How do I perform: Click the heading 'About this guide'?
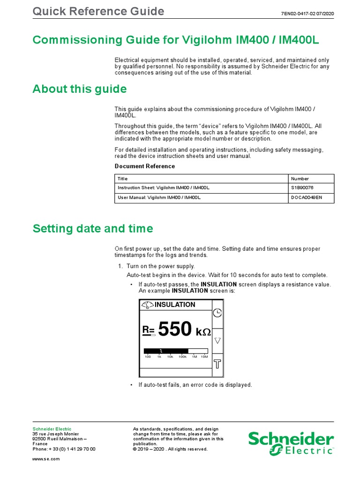click(x=79, y=89)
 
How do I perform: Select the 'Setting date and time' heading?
click(x=92, y=229)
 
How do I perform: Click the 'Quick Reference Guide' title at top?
click(x=98, y=12)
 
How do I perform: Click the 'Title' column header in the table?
click(x=122, y=179)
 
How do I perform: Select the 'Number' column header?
click(x=300, y=179)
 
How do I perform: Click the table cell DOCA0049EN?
click(x=307, y=198)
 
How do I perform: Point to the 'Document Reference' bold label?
click(x=145, y=166)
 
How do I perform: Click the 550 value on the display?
click(x=175, y=330)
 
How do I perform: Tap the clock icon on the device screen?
click(x=217, y=313)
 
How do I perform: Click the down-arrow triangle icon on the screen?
click(x=217, y=340)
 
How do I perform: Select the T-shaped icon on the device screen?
click(x=217, y=364)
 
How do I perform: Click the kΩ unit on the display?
click(x=203, y=332)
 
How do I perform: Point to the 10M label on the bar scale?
click(x=204, y=357)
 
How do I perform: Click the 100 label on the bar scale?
click(x=148, y=357)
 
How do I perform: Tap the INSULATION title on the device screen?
click(x=174, y=305)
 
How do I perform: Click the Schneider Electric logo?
click(x=291, y=443)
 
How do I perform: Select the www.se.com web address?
click(x=46, y=458)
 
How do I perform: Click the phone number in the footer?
click(x=64, y=449)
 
